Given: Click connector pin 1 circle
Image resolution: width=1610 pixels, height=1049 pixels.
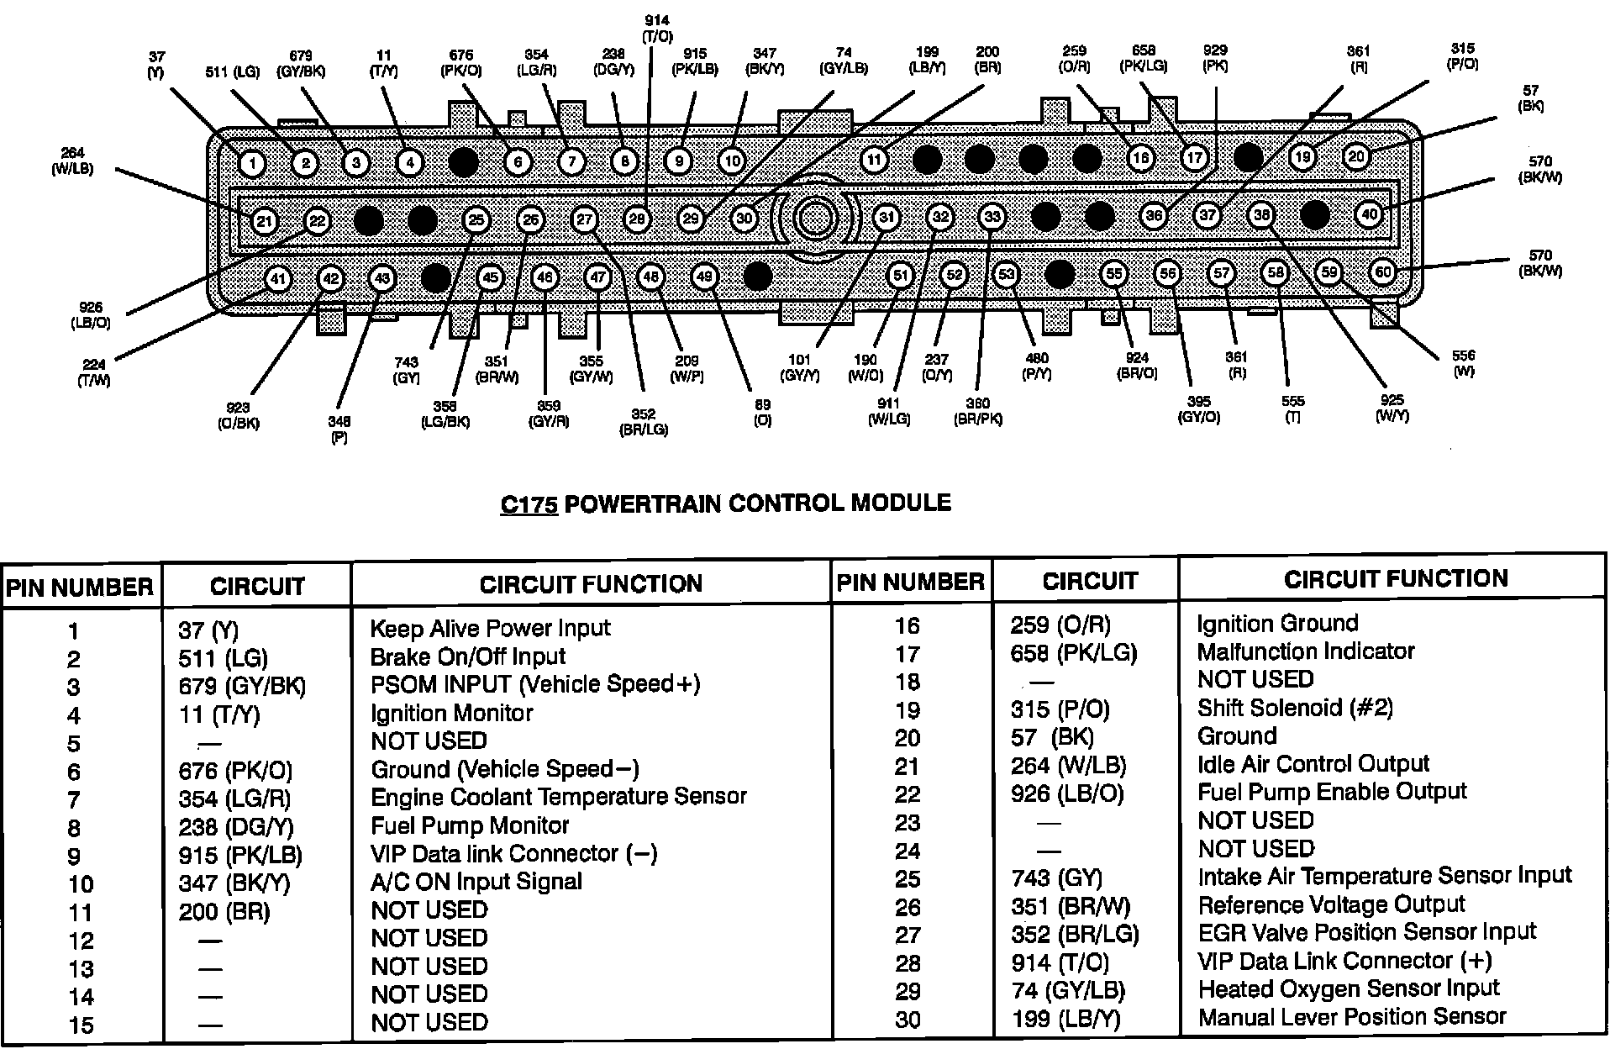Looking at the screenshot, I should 252,163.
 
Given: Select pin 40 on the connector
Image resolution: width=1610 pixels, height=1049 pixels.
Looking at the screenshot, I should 1370,214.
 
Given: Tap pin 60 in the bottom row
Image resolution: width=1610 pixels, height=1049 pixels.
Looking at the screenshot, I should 1382,271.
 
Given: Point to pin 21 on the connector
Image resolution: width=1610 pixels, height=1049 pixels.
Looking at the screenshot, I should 265,221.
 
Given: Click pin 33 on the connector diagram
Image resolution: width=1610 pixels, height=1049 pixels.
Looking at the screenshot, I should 992,217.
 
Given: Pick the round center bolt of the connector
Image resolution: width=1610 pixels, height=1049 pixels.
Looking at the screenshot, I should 813,218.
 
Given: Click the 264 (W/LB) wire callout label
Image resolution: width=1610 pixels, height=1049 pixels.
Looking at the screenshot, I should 72,161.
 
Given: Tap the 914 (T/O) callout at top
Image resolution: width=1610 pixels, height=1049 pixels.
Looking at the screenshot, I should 657,28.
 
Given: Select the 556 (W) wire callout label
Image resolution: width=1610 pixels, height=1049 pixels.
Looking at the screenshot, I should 1463,363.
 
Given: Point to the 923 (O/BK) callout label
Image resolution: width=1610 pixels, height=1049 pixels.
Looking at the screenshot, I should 238,416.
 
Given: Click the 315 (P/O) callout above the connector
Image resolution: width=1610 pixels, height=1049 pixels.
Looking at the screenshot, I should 1462,56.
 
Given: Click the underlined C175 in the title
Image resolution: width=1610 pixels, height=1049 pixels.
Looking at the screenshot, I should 529,503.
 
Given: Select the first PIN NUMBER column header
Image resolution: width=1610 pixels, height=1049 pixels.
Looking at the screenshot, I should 80,588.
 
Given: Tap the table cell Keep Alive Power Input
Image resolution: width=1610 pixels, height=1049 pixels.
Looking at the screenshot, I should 490,628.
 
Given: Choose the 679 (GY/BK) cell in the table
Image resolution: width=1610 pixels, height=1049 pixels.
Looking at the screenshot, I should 242,686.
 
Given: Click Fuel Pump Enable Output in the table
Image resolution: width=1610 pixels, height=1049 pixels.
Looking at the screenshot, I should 1332,792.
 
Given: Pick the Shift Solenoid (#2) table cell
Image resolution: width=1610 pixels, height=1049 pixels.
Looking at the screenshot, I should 1295,708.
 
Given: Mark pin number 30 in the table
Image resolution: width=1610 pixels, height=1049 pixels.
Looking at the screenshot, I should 908,1019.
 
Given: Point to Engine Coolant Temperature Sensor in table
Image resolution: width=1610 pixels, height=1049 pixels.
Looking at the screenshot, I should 558,797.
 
